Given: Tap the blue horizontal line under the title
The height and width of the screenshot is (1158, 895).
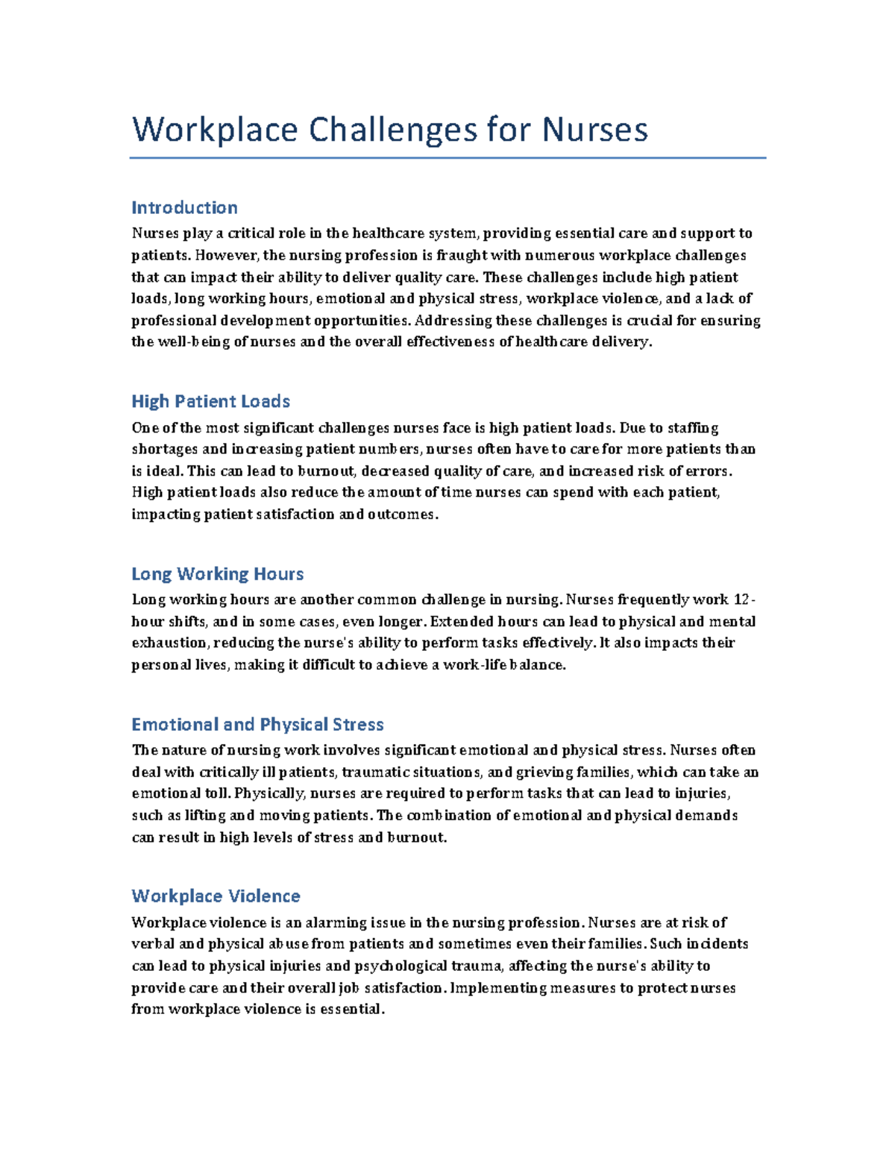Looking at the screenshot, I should (447, 158).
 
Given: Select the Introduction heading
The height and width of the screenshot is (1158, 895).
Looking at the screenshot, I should (184, 207).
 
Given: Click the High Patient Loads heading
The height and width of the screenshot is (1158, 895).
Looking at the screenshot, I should (210, 401).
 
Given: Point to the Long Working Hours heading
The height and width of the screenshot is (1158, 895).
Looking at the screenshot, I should (217, 573).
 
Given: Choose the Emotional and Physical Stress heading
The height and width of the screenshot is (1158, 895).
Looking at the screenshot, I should (257, 724).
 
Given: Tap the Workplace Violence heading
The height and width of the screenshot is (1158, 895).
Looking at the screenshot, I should (216, 896).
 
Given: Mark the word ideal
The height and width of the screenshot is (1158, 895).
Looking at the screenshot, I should (163, 471).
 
